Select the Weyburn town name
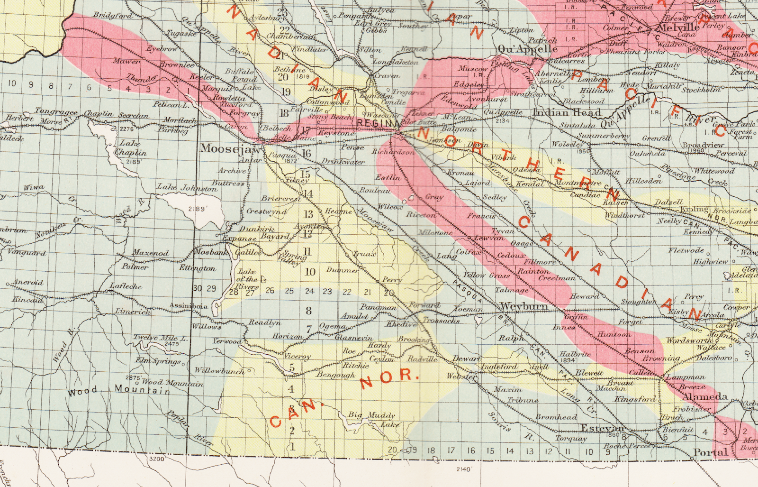tap(524, 307)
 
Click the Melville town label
tap(678, 28)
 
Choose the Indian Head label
tap(567, 112)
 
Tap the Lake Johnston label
tap(187, 188)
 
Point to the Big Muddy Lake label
tap(372, 419)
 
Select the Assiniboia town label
tap(188, 306)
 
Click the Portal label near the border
tap(710, 452)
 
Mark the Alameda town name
tap(705, 396)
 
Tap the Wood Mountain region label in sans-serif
tap(118, 390)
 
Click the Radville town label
tap(422, 359)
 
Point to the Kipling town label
tap(694, 210)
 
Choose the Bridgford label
tap(113, 16)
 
